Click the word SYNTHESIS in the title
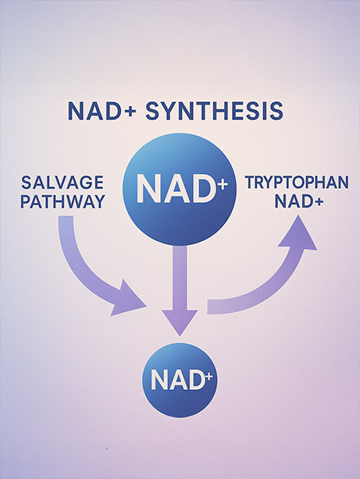(x=214, y=111)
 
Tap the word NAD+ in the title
(x=102, y=111)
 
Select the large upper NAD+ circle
(x=180, y=189)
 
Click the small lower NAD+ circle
(x=180, y=380)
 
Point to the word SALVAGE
(x=62, y=183)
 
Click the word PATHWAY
(x=62, y=201)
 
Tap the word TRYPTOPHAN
(x=297, y=183)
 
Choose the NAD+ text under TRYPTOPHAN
(x=299, y=201)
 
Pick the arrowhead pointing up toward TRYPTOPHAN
(x=298, y=232)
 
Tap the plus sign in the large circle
(x=223, y=184)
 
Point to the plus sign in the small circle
(x=209, y=377)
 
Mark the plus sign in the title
(x=130, y=112)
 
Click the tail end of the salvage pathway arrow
(x=66, y=216)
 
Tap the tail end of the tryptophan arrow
(x=208, y=307)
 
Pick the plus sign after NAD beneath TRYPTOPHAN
(x=319, y=201)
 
